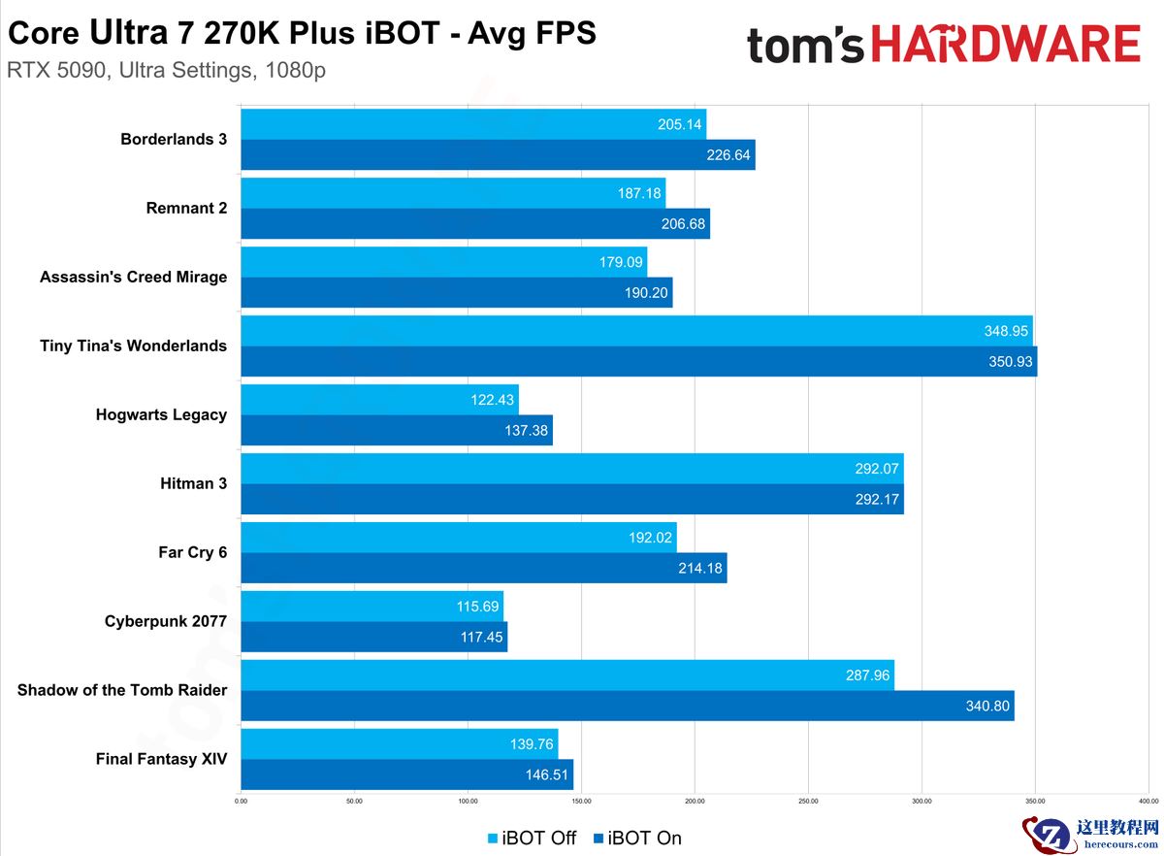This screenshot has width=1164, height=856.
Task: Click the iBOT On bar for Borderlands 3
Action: click(x=498, y=155)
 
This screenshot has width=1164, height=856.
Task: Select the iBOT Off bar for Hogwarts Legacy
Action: click(x=379, y=400)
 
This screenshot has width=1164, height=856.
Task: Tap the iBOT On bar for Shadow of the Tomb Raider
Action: click(x=627, y=707)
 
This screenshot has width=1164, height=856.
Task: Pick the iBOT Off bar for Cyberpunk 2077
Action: click(x=372, y=607)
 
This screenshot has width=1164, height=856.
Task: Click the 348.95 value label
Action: click(x=1006, y=331)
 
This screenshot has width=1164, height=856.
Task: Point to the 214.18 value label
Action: click(x=700, y=569)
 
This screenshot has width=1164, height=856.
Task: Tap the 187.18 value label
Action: click(x=639, y=193)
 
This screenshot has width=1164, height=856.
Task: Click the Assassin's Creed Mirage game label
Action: click(x=134, y=278)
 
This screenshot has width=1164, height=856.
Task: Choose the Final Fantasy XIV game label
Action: click(x=161, y=759)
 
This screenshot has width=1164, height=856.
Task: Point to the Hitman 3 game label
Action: click(x=193, y=483)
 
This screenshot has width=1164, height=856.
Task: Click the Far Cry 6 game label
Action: click(x=192, y=552)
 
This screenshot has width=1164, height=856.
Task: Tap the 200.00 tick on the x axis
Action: click(x=695, y=802)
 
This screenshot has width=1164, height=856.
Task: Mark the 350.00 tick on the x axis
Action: click(x=1035, y=802)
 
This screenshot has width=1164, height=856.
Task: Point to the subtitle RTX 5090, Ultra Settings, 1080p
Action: click(x=165, y=72)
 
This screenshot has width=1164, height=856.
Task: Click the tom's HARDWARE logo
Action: click(x=943, y=45)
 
